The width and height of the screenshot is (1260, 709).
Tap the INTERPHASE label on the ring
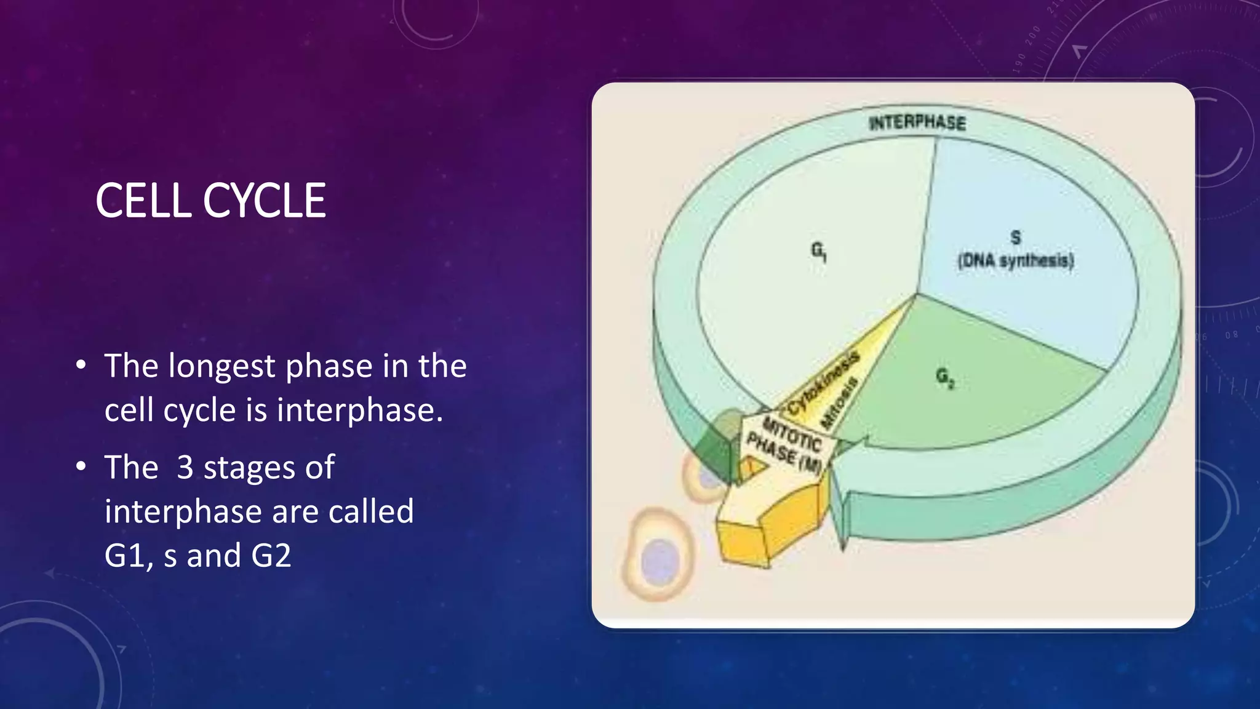point(917,122)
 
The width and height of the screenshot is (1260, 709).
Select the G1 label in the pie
point(819,250)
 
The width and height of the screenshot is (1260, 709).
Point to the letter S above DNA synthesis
point(1015,237)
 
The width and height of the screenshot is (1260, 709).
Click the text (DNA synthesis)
point(1015,260)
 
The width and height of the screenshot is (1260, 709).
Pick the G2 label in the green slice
point(945,377)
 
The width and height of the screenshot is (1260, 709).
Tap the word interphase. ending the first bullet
point(360,411)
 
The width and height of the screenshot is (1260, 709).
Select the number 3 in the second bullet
point(185,467)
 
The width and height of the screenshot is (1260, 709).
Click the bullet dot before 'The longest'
point(81,366)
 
